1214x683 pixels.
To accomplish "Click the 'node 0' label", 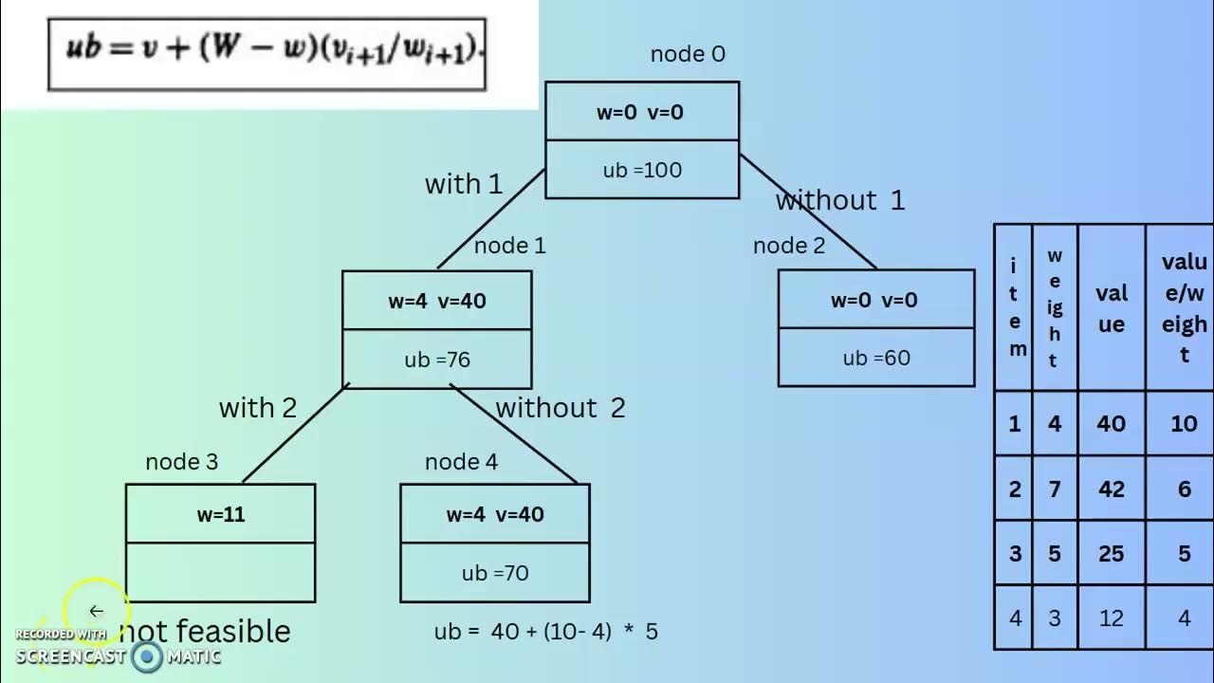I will coord(688,55).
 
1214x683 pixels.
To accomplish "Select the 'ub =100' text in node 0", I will coord(642,171).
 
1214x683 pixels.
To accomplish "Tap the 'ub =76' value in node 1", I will coord(436,360).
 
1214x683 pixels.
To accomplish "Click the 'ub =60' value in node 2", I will coord(875,359).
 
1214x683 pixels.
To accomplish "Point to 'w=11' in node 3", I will coord(220,515).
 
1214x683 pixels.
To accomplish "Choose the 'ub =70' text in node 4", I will coord(494,574).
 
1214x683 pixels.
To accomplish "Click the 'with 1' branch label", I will coord(463,184).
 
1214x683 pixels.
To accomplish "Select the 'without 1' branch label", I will coord(840,201).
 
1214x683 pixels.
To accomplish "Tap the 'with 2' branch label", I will coord(258,408).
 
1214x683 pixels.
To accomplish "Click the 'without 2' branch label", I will coord(561,408).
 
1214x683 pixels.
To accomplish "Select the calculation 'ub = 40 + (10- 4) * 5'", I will coord(545,632).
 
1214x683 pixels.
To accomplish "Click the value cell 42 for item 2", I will coord(1111,489).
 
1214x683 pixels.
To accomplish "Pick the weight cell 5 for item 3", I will coord(1055,553).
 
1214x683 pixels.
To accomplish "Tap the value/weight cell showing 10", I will coord(1183,423).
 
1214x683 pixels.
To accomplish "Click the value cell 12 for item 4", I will coord(1111,618).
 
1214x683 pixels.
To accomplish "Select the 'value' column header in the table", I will coord(1111,308).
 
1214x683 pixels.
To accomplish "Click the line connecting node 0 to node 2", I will coord(808,212).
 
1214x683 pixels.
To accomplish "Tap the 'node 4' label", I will coord(461,463).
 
